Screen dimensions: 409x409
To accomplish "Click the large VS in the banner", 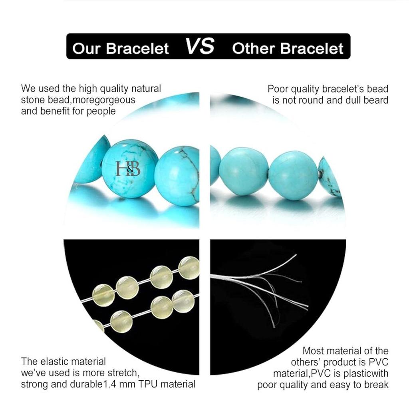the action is click(x=200, y=46).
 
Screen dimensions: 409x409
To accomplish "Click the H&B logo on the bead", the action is click(x=128, y=168).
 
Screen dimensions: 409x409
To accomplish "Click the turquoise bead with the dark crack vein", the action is click(x=177, y=176).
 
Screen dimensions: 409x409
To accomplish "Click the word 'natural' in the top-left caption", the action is click(x=146, y=89).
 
